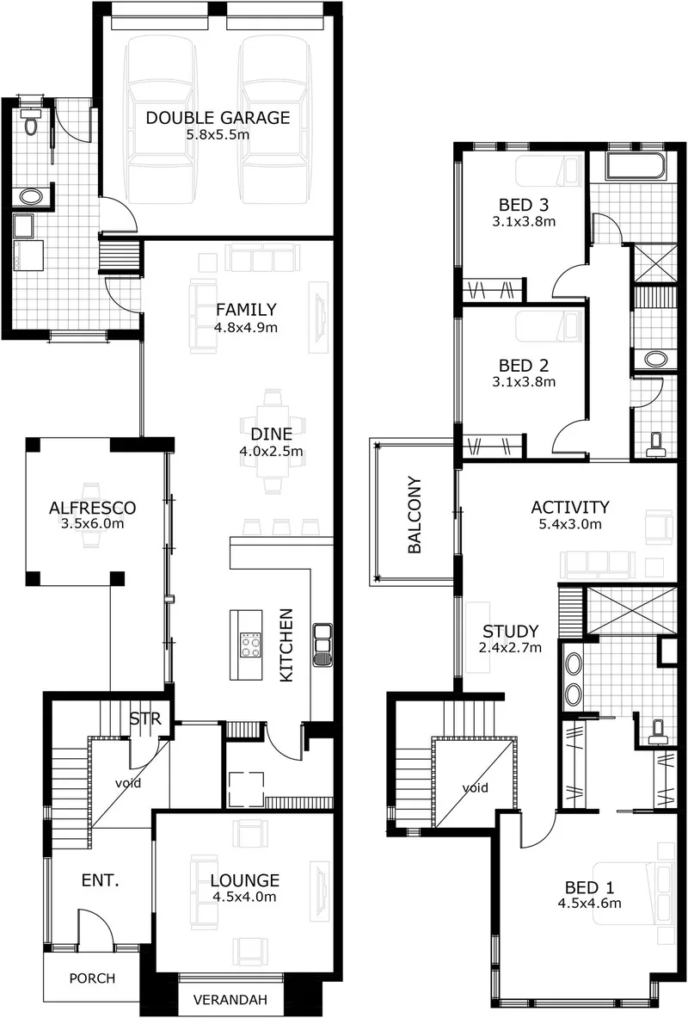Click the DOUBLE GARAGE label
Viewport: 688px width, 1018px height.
pos(218,118)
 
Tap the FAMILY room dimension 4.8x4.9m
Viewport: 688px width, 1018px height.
pos(245,327)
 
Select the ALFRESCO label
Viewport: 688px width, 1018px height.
pos(92,508)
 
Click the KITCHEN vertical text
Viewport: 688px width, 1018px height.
pos(286,645)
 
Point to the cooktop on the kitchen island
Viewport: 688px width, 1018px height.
pos(250,645)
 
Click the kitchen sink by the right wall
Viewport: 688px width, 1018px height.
pos(322,645)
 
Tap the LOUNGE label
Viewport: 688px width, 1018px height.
pos(245,880)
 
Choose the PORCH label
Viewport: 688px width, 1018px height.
pos(92,978)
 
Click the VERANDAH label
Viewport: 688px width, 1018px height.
pos(230,999)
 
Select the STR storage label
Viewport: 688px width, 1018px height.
pos(144,719)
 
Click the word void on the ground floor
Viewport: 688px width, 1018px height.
pos(128,783)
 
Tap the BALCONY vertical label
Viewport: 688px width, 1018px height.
pos(415,515)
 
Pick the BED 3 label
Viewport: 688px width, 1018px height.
pos(523,205)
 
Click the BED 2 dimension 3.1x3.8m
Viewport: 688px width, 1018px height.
pos(524,382)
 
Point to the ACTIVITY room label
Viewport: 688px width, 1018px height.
pos(570,507)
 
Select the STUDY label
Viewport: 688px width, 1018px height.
pos(510,631)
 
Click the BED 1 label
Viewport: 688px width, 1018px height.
pos(589,887)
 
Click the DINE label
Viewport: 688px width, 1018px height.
pos(271,435)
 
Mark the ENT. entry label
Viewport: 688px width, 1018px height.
pos(100,880)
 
